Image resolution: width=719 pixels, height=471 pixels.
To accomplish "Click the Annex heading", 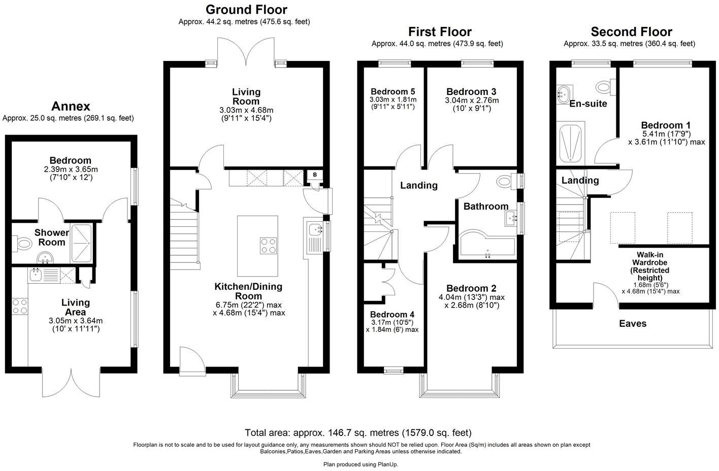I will click(x=71, y=106).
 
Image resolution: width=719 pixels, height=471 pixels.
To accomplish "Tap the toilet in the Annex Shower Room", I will click(x=23, y=244).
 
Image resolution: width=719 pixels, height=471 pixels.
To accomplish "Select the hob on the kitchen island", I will click(x=268, y=246).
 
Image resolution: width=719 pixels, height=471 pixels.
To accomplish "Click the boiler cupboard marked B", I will click(x=315, y=175).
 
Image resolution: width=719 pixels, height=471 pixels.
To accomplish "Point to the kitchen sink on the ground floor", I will click(x=314, y=230).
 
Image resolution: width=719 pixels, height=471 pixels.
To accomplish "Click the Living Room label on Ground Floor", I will click(x=246, y=96).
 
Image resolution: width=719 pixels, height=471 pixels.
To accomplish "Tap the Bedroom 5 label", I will click(x=393, y=91).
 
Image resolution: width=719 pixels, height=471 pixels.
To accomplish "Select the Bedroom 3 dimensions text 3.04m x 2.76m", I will click(x=472, y=100).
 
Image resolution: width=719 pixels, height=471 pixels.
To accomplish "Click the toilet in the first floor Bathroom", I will click(x=505, y=181).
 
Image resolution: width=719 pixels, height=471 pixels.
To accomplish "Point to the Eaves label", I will click(x=633, y=323).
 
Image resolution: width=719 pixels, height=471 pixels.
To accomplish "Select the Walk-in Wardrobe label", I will click(x=650, y=266).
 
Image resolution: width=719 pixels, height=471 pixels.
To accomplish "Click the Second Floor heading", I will click(x=631, y=32).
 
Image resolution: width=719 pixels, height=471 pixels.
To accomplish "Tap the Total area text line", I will click(x=358, y=433).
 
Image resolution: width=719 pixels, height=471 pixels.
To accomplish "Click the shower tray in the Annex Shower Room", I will click(x=82, y=243).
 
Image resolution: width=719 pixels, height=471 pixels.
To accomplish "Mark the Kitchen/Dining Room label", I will click(x=248, y=291).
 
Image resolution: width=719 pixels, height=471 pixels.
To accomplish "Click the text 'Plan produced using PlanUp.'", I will click(x=361, y=464).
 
